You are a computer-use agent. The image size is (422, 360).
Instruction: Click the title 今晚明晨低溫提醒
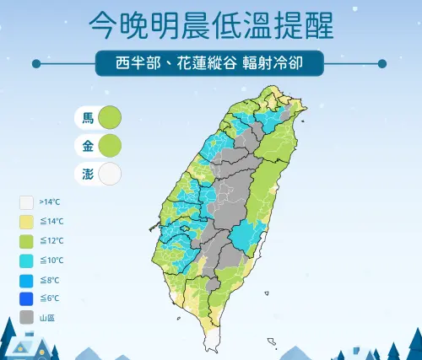[x=210, y=25]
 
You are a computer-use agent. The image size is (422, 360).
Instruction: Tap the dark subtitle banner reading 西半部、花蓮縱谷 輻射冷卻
[x=210, y=62]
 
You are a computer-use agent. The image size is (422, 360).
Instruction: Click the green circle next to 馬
[x=110, y=118]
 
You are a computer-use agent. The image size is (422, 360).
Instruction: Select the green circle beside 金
[x=110, y=146]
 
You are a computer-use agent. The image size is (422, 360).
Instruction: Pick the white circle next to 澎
[x=110, y=174]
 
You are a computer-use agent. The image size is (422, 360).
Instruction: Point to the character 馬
[x=88, y=118]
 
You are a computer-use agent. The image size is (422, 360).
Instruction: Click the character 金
[x=88, y=146]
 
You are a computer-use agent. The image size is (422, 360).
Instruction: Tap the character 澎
[x=88, y=174]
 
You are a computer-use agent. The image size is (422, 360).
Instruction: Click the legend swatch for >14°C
[x=26, y=203]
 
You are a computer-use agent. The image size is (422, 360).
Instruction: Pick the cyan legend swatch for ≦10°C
[x=26, y=261]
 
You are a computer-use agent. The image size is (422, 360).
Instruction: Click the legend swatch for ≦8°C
[x=26, y=280]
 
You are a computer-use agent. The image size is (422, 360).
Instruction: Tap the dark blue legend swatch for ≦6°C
[x=26, y=299]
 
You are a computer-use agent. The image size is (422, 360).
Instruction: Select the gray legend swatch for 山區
[x=26, y=318]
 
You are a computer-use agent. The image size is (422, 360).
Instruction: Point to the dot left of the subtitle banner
[x=36, y=62]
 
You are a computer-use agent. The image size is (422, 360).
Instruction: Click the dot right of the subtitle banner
[x=383, y=62]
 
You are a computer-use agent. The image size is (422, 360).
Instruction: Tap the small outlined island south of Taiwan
[x=272, y=341]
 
